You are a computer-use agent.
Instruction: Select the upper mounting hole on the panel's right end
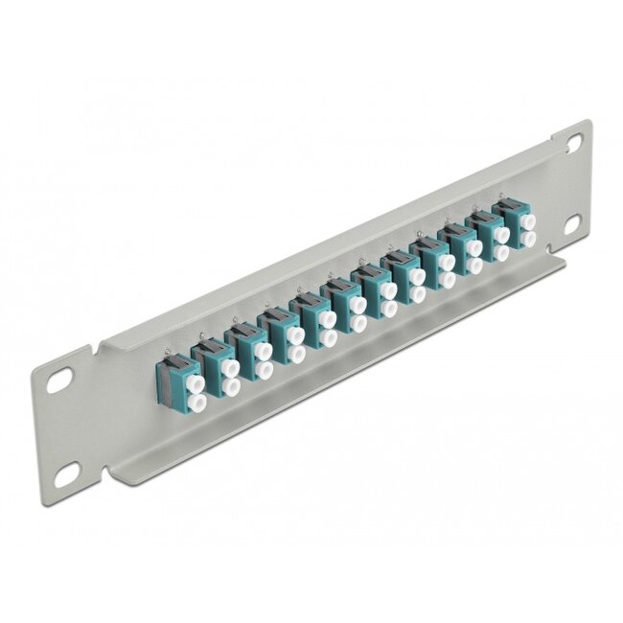pos(573,140)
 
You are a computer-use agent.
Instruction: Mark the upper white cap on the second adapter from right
pos(497,237)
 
